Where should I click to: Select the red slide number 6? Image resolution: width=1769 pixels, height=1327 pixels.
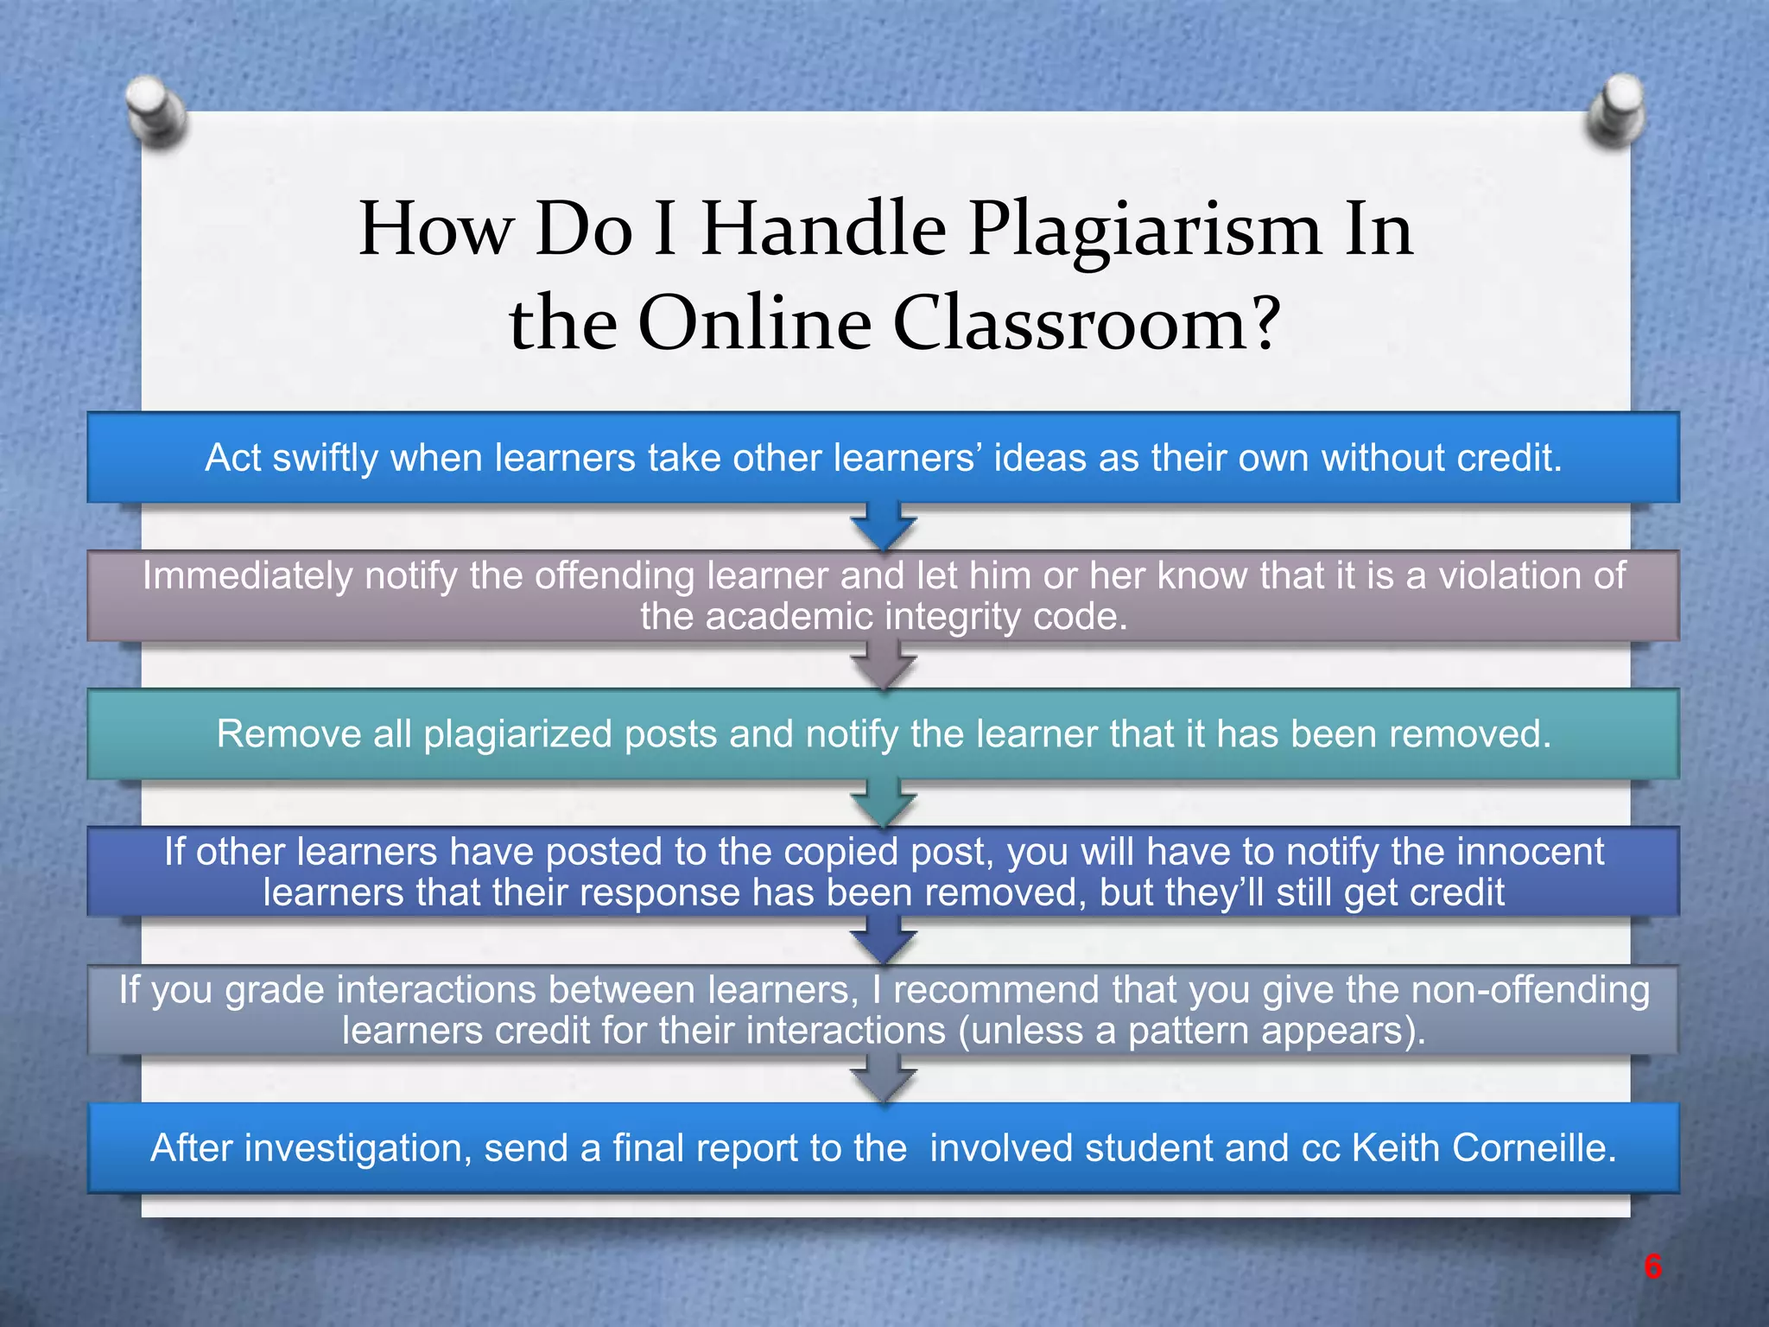[x=1652, y=1267]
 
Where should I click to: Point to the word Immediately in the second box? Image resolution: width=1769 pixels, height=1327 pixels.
[x=247, y=575]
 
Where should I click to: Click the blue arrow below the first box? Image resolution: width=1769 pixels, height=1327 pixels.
[x=883, y=526]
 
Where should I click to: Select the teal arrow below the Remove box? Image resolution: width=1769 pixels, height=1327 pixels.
[x=883, y=803]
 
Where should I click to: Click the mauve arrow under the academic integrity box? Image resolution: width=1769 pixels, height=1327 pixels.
[x=883, y=665]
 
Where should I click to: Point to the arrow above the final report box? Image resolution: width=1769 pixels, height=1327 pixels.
[x=883, y=1080]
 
